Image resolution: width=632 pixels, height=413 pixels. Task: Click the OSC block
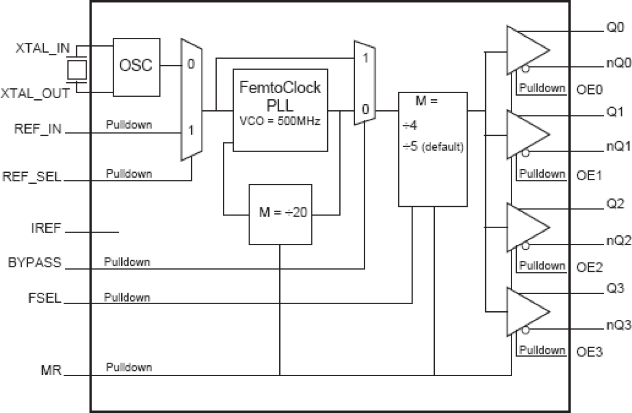click(135, 66)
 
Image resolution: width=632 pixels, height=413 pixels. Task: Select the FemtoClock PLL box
click(280, 110)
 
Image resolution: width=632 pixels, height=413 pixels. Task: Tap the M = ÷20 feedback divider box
click(280, 215)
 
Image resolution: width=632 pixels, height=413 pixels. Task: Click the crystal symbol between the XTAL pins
click(76, 70)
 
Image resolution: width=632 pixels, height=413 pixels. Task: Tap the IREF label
click(45, 228)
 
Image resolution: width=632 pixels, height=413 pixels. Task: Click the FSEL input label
click(45, 298)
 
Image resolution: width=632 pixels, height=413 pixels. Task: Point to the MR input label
click(52, 371)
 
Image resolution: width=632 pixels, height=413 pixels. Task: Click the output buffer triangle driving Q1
click(526, 135)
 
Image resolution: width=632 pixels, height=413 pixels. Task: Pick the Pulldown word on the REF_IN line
click(129, 124)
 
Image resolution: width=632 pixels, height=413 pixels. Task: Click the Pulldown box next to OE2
click(542, 265)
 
